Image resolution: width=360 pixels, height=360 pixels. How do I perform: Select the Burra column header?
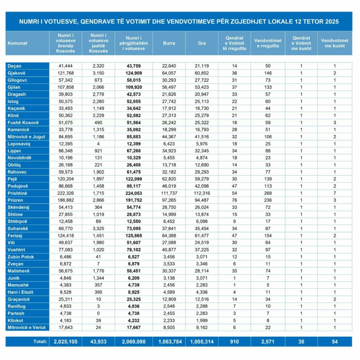click(169, 43)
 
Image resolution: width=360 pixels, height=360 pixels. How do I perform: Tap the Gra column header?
click(201, 43)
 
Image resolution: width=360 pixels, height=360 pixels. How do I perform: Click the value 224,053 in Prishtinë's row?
click(134, 193)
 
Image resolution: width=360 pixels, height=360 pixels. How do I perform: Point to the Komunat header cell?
click(17, 43)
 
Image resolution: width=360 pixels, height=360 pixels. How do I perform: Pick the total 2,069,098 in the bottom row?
click(134, 342)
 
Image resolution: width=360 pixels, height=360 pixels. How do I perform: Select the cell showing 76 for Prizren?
click(234, 200)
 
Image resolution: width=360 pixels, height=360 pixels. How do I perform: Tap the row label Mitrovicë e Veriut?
click(26, 328)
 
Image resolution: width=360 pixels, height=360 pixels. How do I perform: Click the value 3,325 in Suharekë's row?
click(98, 229)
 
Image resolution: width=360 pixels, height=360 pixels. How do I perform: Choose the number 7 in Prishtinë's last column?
click(335, 193)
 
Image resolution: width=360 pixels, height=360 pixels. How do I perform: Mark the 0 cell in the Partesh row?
click(98, 313)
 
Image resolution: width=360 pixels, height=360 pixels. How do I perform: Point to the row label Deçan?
click(14, 66)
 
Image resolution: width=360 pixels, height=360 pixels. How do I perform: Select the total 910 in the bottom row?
click(234, 342)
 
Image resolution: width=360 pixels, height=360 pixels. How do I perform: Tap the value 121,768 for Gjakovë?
click(65, 73)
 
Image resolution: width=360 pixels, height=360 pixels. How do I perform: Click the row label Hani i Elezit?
click(21, 292)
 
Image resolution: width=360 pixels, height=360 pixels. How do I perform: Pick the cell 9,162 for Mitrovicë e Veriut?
click(201, 328)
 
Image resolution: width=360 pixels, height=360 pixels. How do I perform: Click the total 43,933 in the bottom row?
click(98, 342)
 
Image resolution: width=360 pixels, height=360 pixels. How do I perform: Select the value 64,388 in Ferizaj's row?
click(169, 236)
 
